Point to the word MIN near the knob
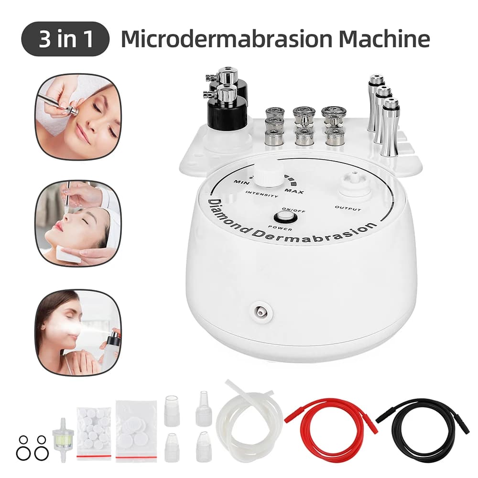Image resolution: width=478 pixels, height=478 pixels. point(240,182)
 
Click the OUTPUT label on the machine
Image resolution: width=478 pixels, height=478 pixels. point(348,209)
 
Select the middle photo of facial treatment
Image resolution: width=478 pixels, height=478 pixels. point(77,223)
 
